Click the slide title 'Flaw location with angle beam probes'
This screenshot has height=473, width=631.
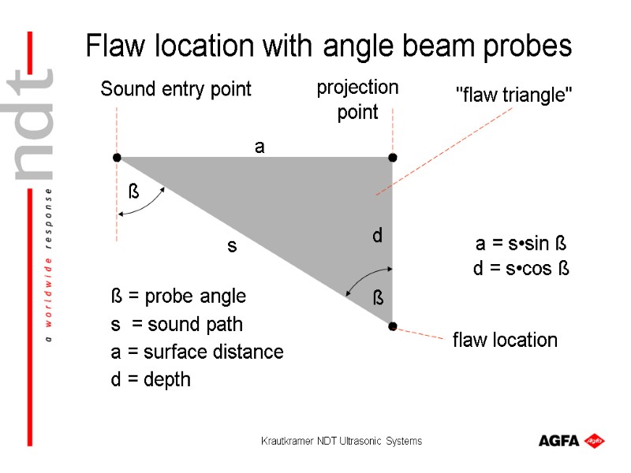[x=328, y=47]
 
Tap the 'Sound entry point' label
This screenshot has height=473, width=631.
[x=176, y=90]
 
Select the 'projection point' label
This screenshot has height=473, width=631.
[x=357, y=99]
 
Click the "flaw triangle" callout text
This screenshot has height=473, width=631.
[x=515, y=95]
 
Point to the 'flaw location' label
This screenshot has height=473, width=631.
[x=505, y=341]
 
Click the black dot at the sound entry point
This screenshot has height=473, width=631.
[x=117, y=158]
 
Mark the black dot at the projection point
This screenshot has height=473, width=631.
[x=393, y=158]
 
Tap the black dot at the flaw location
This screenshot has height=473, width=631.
[x=393, y=326]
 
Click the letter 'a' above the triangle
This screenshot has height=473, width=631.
[x=259, y=147]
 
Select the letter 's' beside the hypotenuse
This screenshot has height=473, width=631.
[x=232, y=247]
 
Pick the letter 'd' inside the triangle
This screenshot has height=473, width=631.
[x=377, y=235]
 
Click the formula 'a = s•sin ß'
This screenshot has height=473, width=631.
[x=521, y=242]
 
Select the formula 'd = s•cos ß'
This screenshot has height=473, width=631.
[x=521, y=269]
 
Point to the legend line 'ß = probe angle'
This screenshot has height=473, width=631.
[x=178, y=296]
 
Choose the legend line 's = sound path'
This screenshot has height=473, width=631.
[x=177, y=324]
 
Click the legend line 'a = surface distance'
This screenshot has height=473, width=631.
[x=197, y=352]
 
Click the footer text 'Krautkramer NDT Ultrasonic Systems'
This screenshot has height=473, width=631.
[x=342, y=441]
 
